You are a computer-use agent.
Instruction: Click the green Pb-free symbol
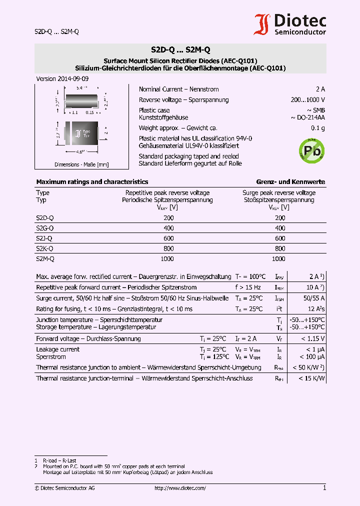coord(311,150)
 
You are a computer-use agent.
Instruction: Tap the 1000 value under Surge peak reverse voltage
coord(278,259)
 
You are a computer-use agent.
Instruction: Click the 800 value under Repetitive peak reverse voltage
coord(168,248)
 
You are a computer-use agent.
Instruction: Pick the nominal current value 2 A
coord(320,89)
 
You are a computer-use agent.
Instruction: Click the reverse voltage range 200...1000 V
coord(307,99)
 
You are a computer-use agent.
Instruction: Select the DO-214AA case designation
coord(307,117)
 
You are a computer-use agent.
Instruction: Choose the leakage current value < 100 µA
coord(312,357)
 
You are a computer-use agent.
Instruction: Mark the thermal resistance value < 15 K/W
coord(312,378)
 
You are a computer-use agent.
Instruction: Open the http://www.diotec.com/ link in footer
coord(180,488)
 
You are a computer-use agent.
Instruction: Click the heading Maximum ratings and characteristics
coord(92,182)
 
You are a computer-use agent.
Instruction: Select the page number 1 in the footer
coord(324,488)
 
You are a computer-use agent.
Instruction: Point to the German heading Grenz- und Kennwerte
coord(290,182)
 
